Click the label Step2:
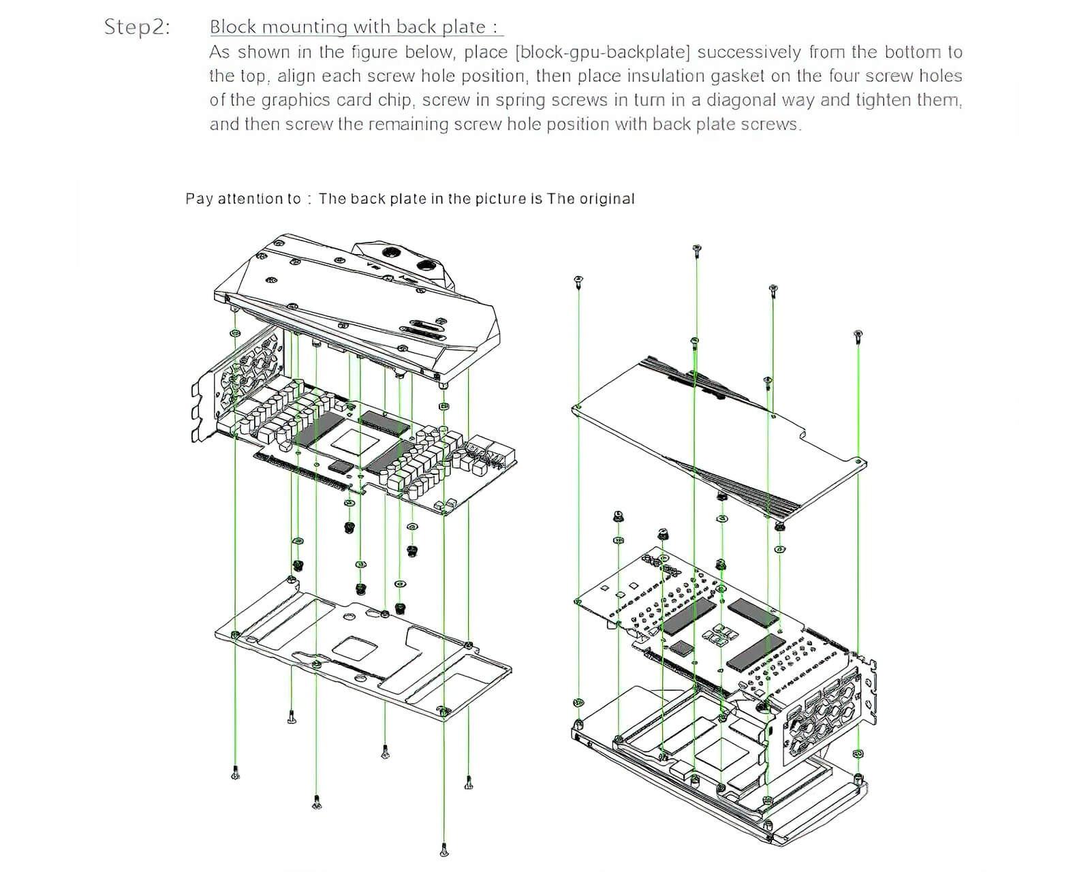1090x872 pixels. (x=137, y=27)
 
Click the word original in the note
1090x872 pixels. (x=606, y=199)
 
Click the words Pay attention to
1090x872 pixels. (x=243, y=199)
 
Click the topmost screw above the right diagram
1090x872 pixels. (x=696, y=250)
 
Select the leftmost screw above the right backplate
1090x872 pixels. (x=578, y=281)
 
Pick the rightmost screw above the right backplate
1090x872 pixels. (x=858, y=335)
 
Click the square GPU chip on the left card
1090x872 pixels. (x=356, y=439)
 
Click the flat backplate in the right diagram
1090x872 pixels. (x=715, y=436)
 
